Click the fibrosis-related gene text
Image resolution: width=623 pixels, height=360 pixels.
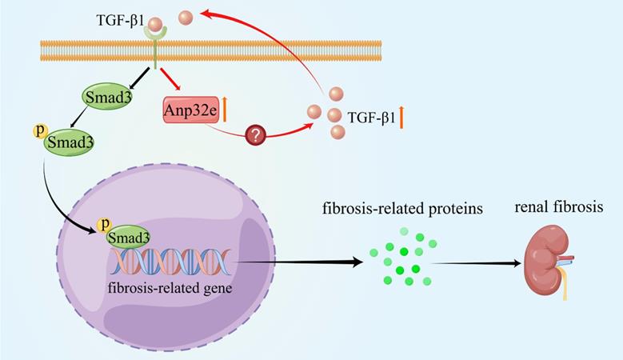click(174, 288)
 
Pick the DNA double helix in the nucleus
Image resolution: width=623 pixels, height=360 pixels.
click(172, 261)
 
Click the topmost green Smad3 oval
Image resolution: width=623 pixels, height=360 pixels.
click(106, 98)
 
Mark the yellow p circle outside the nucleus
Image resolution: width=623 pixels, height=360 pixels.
click(36, 129)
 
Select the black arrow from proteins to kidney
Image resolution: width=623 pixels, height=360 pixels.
click(480, 262)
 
